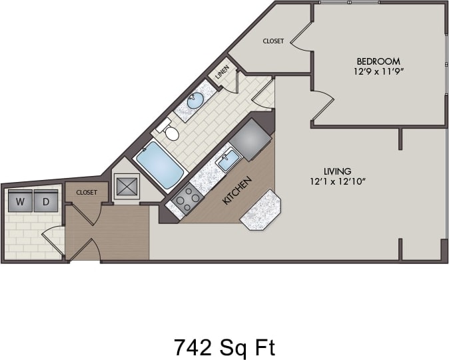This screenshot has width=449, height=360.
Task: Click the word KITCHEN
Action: pos(237,190)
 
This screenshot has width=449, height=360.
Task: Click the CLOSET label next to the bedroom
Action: pos(273,41)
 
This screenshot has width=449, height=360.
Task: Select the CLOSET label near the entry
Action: pos(87,193)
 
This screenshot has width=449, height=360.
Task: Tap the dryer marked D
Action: pos(46,201)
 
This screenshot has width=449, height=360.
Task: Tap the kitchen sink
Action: pos(227,161)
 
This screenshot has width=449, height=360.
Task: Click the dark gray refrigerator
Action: pos(250,140)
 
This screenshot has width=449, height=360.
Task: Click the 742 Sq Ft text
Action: pos(224,347)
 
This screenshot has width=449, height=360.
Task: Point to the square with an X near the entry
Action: pos(127,186)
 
